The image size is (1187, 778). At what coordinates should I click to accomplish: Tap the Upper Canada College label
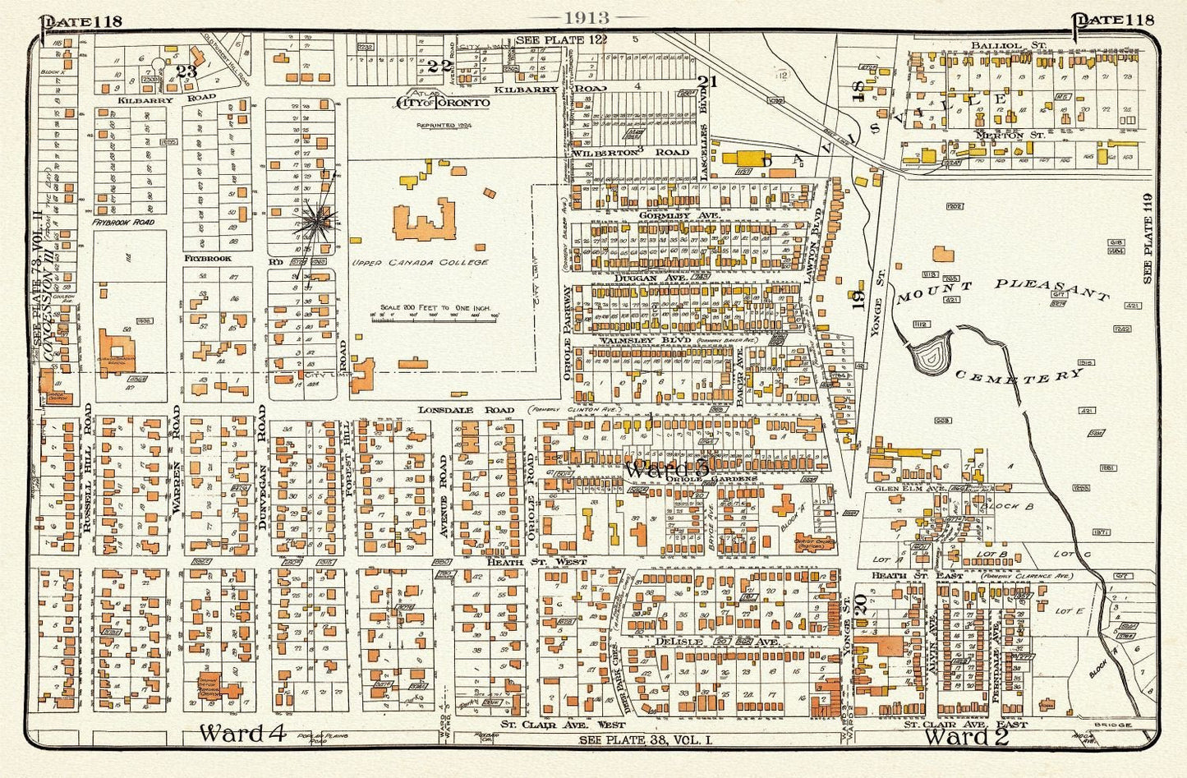[x=420, y=263]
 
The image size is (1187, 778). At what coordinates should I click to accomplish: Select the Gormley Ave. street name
[x=679, y=214]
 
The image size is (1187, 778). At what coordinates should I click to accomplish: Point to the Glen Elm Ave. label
[x=903, y=486]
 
